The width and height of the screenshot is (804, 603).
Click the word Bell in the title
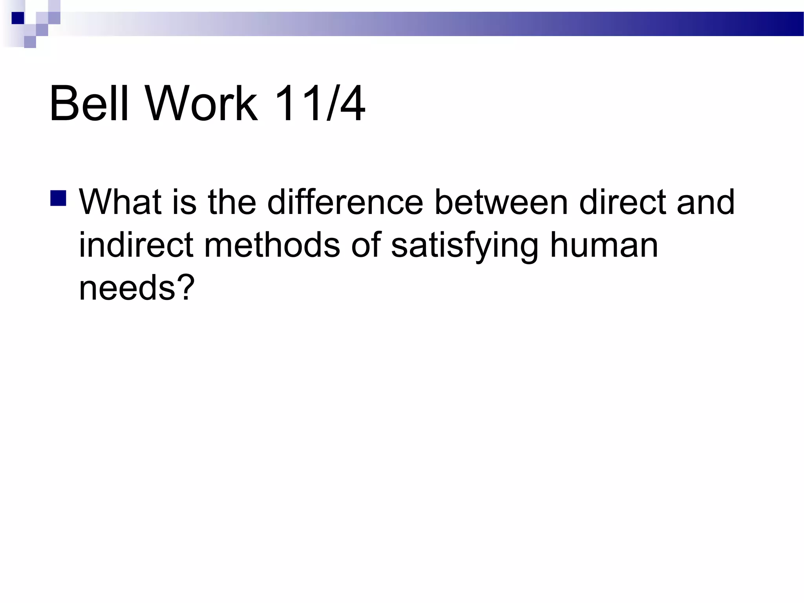coord(89,104)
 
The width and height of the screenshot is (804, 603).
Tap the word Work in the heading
coord(202,104)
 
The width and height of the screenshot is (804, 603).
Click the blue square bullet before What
coord(58,198)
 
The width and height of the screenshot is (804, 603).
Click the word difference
coord(345,202)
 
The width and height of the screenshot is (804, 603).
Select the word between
coord(501,202)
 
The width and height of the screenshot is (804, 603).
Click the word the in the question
coord(232,202)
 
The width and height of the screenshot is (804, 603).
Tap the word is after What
coord(184,202)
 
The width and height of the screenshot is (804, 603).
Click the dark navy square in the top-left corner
coord(18,18)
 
